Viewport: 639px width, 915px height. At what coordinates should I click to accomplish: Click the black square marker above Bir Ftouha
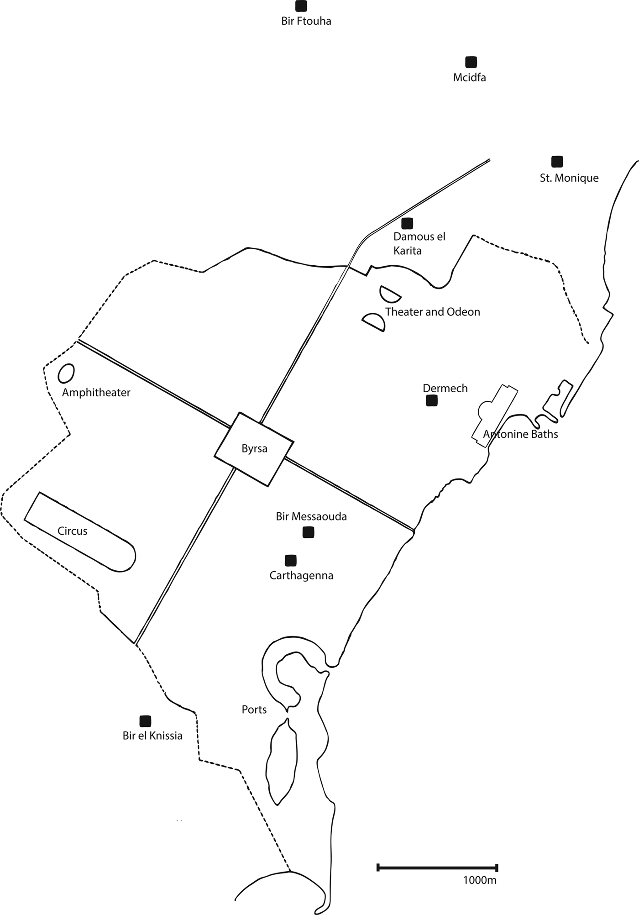301,6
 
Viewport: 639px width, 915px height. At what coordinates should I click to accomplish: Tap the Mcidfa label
469,78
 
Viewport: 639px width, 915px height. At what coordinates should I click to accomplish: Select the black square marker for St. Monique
557,161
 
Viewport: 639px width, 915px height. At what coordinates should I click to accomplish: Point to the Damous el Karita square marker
407,223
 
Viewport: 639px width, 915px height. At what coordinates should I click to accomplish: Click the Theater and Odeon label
432,312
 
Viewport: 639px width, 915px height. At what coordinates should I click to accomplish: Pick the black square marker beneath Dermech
431,400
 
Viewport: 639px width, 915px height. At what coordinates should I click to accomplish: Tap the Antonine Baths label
520,434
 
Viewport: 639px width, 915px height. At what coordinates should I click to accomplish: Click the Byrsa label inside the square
254,449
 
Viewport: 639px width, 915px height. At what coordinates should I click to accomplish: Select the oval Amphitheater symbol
66,373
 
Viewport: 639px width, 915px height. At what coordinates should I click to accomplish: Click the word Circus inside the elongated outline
73,531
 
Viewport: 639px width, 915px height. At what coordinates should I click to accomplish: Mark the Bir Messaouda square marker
309,532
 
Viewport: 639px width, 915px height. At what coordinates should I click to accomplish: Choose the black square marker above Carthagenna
290,560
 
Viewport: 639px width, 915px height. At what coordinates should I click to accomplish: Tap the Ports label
254,710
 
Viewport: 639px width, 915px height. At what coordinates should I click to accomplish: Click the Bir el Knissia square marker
145,721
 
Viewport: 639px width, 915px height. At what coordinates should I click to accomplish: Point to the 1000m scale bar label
480,880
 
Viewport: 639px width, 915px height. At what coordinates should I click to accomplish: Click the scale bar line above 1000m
437,868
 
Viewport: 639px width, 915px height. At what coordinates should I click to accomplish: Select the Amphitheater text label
96,393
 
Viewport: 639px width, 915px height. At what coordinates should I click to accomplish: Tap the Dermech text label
445,388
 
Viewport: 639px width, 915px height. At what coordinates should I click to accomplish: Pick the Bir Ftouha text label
306,21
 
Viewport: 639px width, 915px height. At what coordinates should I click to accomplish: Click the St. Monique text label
569,178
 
